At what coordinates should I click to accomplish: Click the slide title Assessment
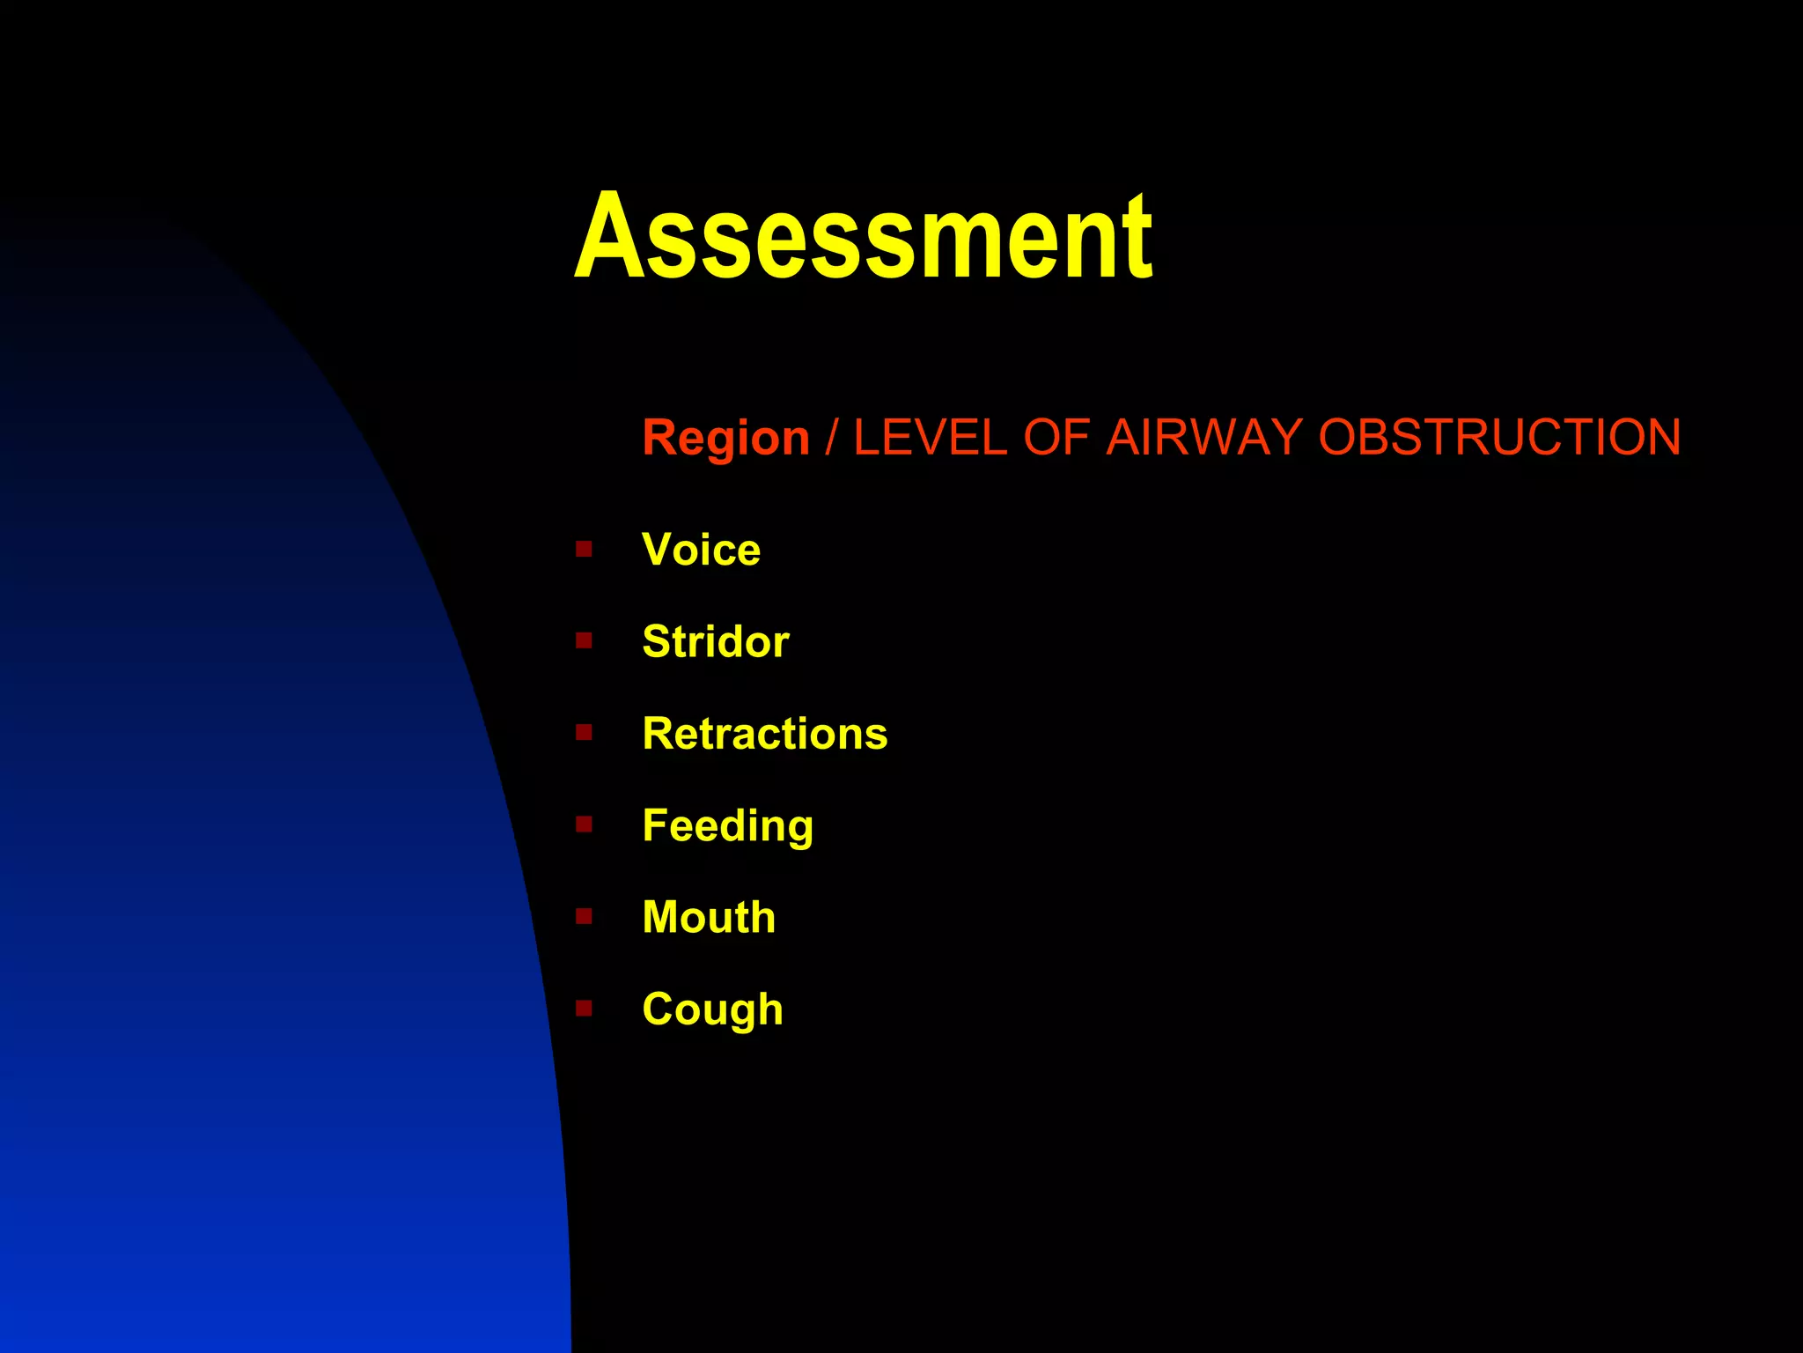coord(863,238)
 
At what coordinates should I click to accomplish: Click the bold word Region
coord(725,438)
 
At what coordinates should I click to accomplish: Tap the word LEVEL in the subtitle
coord(930,438)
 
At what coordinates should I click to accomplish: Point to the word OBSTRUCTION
coord(1499,438)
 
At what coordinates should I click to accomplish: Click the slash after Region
coord(831,438)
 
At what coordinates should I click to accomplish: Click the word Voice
coord(701,550)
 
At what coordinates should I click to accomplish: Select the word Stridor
coord(715,641)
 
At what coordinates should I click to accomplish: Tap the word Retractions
coord(764,734)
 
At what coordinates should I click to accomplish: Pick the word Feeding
coord(727,826)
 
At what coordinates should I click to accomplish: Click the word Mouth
coord(709,917)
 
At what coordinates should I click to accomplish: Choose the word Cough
coord(712,1009)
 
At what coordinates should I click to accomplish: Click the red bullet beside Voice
coord(584,550)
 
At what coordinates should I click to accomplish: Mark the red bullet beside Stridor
coord(584,640)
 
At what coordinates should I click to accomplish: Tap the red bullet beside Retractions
coord(584,733)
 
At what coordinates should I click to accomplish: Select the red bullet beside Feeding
coord(584,824)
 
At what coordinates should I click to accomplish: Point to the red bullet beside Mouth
coord(584,916)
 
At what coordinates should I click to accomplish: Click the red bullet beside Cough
coord(584,1008)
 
